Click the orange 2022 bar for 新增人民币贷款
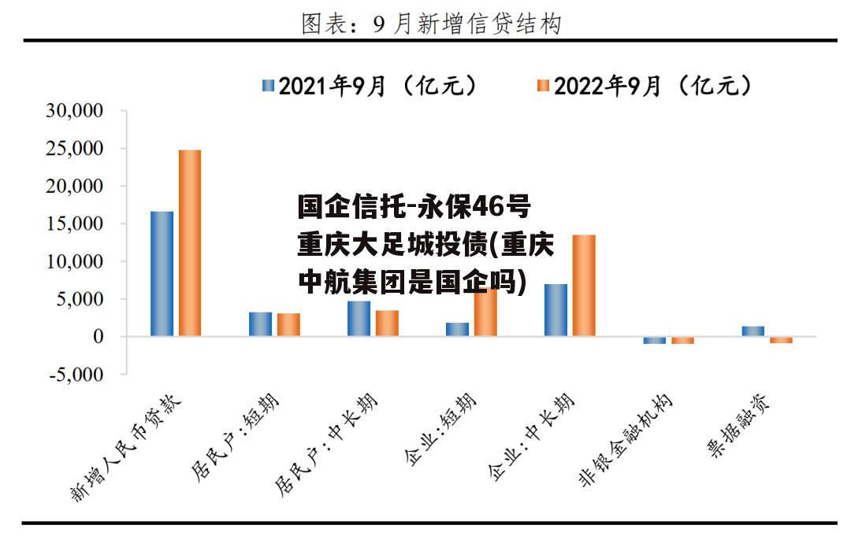click(189, 243)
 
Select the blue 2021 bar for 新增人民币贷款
click(162, 274)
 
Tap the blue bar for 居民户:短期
click(260, 324)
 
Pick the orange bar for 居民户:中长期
click(387, 323)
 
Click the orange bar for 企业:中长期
click(584, 286)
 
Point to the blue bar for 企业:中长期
click(556, 310)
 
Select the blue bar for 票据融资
click(753, 331)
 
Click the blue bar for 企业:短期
click(457, 330)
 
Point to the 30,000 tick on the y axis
click(76, 111)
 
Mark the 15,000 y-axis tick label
click(76, 224)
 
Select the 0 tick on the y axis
click(98, 337)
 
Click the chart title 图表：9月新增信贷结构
click(431, 24)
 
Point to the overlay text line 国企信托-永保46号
click(414, 209)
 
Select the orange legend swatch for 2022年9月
click(543, 87)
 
